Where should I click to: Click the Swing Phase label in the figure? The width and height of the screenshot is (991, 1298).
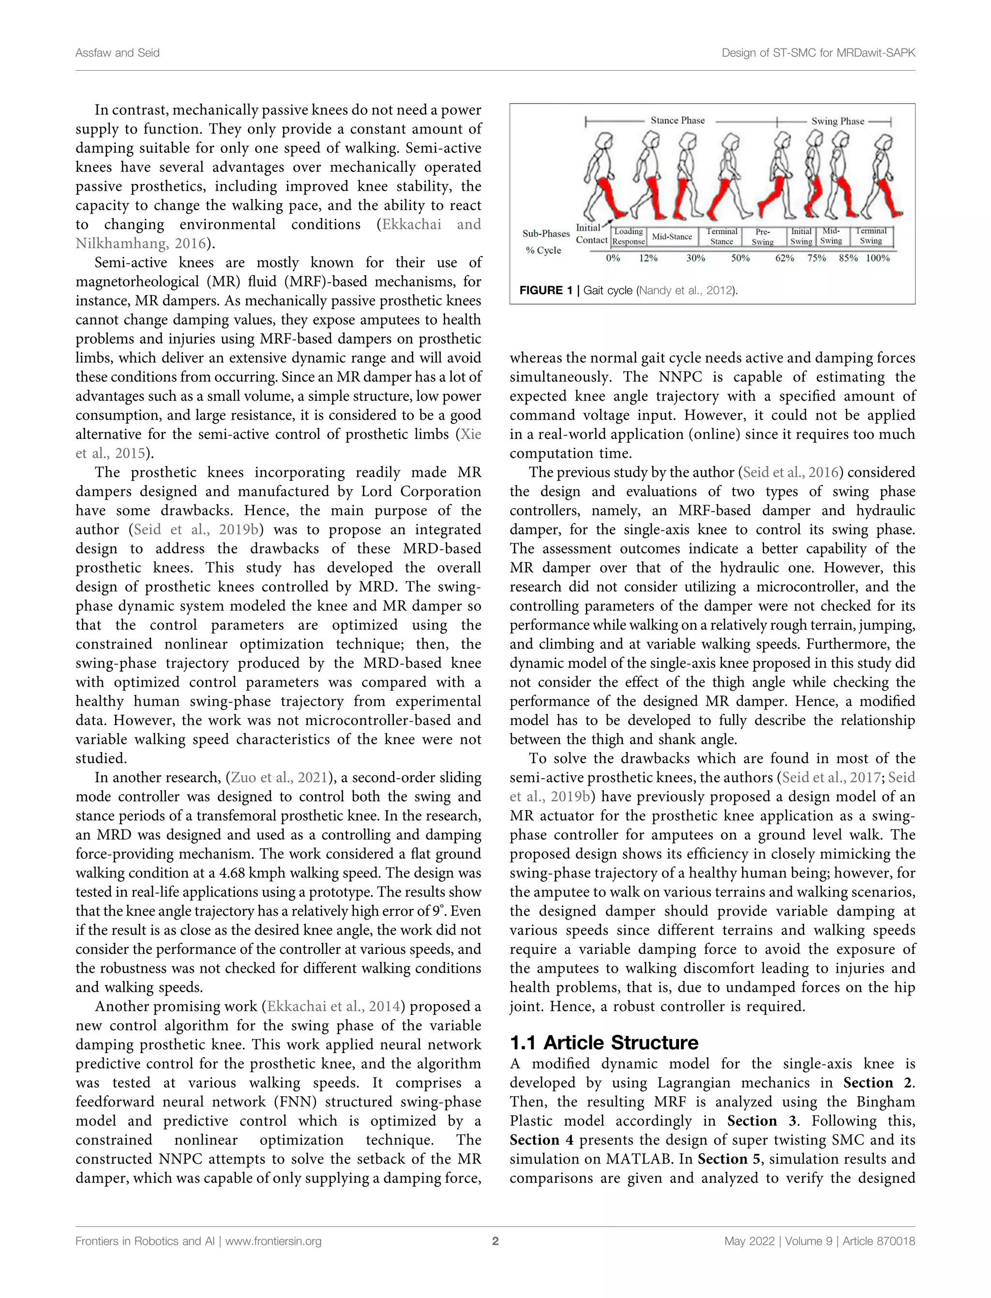click(837, 121)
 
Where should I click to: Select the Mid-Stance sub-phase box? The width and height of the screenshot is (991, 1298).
click(672, 237)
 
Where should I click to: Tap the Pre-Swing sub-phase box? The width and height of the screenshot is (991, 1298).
click(763, 237)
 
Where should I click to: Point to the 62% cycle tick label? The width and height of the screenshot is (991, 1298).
click(784, 258)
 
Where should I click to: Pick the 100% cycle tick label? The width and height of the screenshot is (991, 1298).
click(877, 258)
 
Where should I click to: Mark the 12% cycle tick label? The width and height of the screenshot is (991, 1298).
click(648, 258)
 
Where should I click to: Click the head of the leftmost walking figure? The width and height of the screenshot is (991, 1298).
click(604, 143)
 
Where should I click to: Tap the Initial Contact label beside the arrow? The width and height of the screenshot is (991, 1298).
click(591, 234)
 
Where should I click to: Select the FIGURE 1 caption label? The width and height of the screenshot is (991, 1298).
click(546, 290)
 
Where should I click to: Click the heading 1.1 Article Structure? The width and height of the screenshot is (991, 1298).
click(603, 1042)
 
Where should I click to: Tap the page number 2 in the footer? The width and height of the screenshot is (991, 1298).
click(495, 1241)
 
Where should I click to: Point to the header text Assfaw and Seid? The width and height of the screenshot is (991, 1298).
click(118, 53)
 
